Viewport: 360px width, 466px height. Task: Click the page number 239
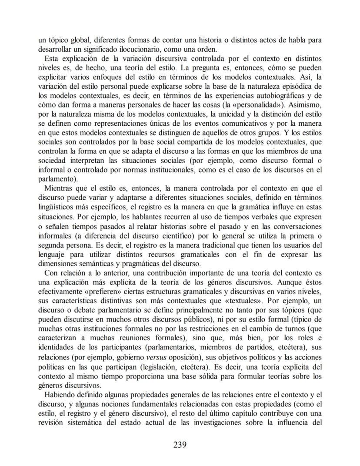coord(180,444)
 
